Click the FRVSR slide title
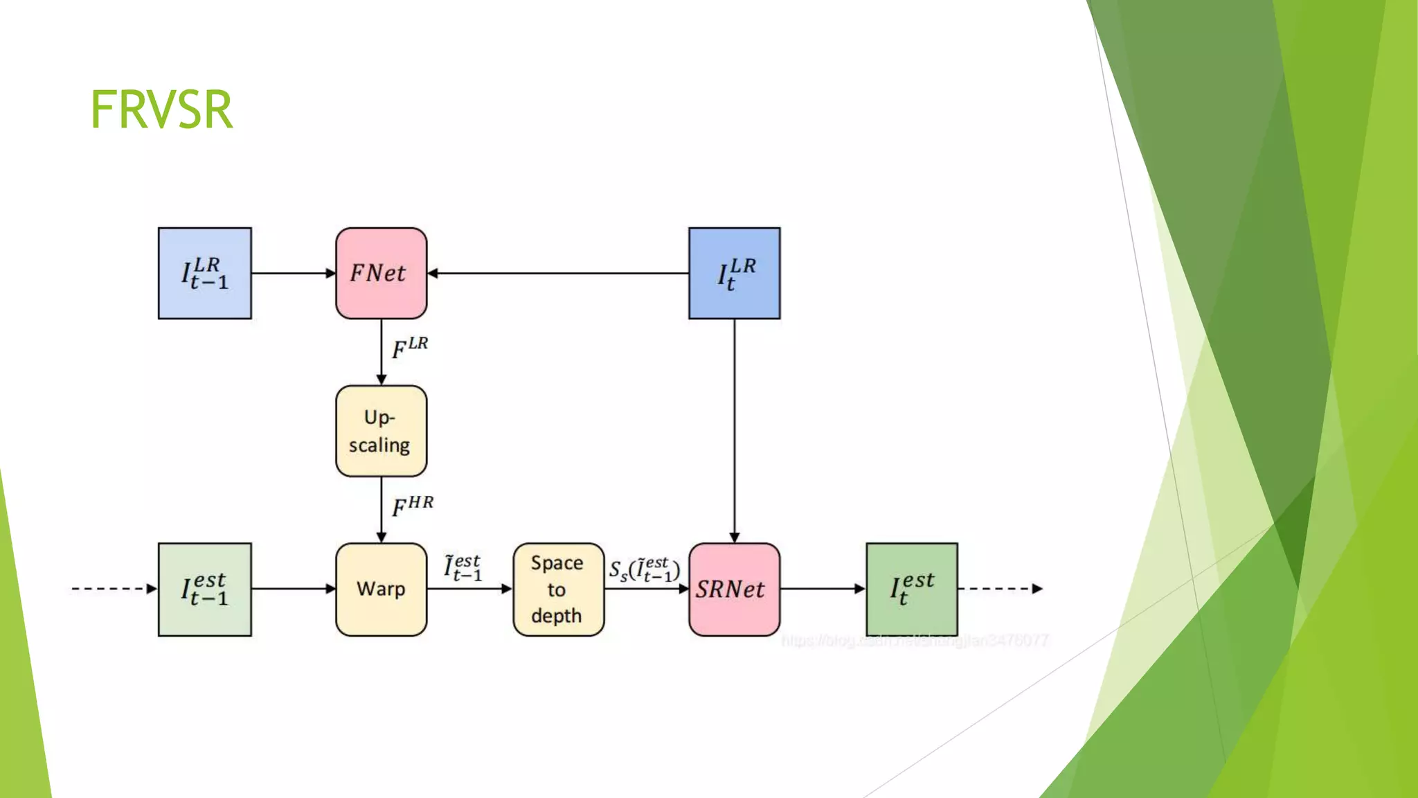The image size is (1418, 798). tap(161, 109)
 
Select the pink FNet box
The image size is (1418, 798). tap(381, 273)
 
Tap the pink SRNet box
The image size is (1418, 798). tap(734, 589)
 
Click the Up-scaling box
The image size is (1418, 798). tap(381, 431)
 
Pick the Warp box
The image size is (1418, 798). tap(381, 589)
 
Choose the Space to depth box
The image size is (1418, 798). tap(558, 589)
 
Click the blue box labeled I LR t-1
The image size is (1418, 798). tap(204, 273)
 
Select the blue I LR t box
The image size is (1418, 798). tap(734, 273)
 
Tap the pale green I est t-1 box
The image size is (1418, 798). tap(204, 589)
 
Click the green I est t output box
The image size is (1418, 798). tap(911, 589)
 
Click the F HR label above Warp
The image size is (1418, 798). tap(413, 506)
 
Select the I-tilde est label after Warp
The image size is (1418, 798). tap(463, 567)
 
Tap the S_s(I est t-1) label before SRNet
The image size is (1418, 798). tap(645, 570)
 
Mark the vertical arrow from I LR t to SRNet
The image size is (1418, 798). tap(734, 429)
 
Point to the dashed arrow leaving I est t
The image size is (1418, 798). tap(1000, 589)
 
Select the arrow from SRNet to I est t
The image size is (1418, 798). tap(823, 589)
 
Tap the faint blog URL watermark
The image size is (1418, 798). tap(915, 641)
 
